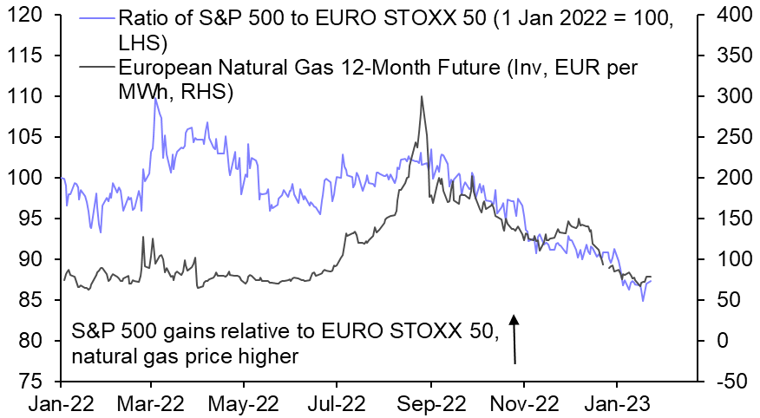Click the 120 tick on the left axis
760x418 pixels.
point(32,15)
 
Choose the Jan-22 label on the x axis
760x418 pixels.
point(62,403)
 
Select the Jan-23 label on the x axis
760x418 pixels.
point(617,403)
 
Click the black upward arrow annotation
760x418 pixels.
point(514,338)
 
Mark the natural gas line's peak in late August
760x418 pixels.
point(422,97)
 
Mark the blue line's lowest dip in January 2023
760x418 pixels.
point(643,300)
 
